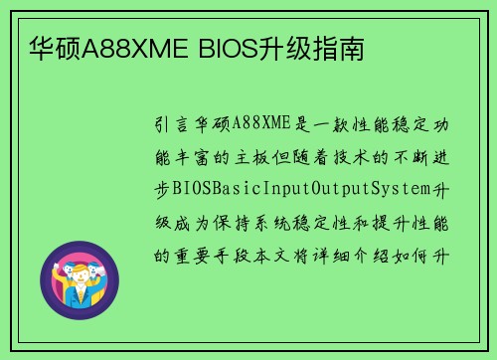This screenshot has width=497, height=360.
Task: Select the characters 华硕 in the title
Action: (50, 48)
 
